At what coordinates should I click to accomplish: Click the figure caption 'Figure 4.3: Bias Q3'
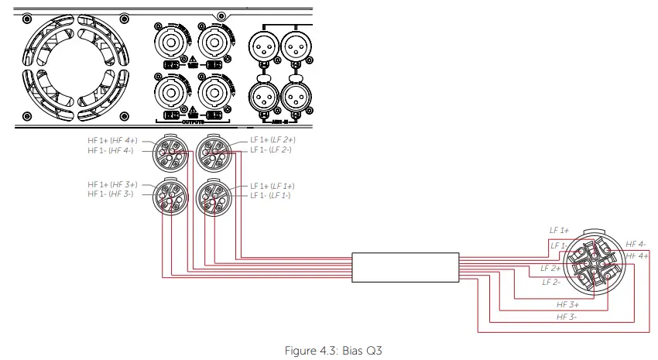(334, 350)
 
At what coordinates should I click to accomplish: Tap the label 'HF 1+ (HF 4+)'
(112, 140)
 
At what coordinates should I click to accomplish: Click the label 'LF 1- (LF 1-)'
(270, 195)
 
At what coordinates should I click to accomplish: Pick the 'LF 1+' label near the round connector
(560, 231)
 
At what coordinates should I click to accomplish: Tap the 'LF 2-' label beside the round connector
(551, 282)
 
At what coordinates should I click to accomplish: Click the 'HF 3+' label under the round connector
(568, 305)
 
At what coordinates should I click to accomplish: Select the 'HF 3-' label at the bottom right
(567, 317)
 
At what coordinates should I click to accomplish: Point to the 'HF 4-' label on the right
(636, 245)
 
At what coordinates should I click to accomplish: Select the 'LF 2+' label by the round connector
(551, 268)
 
